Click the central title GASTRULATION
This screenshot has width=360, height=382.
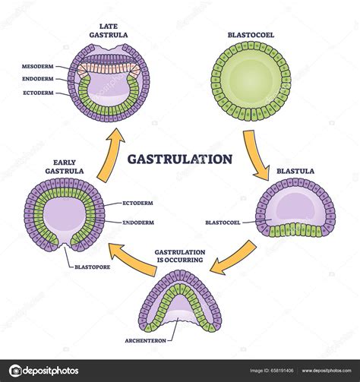click(x=179, y=160)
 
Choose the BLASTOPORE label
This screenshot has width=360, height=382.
click(x=96, y=267)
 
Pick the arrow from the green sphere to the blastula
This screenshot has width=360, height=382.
click(x=255, y=156)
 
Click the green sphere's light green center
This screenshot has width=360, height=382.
click(x=250, y=82)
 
